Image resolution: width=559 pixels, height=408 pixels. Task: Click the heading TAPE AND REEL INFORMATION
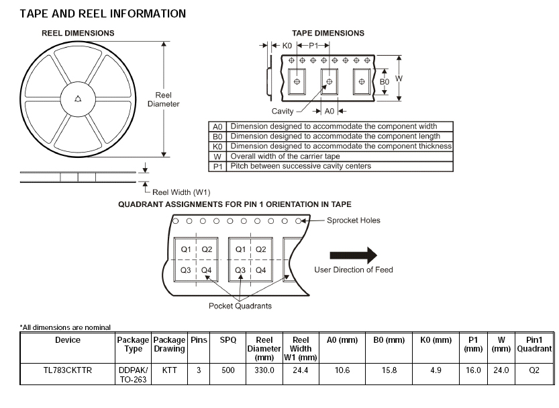coord(103,13)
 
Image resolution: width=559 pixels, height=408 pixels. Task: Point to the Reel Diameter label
coord(163,99)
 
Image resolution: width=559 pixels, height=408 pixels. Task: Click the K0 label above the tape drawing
coord(287,45)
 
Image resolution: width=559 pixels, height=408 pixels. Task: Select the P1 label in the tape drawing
coord(313,45)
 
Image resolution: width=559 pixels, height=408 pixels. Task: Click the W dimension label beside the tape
coord(399,79)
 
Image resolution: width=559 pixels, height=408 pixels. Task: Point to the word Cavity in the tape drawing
coord(283,111)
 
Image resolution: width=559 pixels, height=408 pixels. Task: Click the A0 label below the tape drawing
coord(329,111)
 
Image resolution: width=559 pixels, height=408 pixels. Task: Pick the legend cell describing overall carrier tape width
coord(339,156)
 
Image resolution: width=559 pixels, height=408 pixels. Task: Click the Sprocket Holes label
coord(354,220)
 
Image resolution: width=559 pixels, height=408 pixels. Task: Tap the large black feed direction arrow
coord(353,255)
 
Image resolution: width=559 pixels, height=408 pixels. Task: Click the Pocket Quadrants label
coord(240,306)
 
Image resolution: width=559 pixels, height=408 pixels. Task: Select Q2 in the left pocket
coord(206,249)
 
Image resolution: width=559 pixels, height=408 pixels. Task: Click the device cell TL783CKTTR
coord(67,370)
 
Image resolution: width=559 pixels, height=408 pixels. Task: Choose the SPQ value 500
coord(228,370)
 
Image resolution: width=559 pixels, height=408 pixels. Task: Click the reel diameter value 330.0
coord(264,370)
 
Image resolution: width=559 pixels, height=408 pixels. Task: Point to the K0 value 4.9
coord(436,370)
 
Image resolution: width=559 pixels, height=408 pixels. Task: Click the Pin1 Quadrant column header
coord(534,344)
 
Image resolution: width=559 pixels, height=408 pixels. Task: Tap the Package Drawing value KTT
coord(169,370)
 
